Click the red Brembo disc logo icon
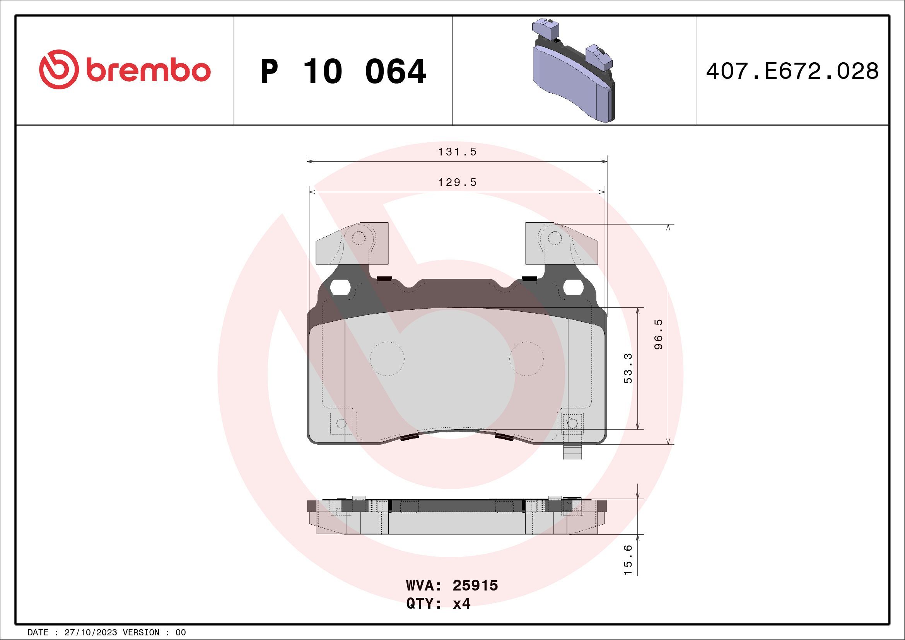coord(57,69)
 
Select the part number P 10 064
coord(343,72)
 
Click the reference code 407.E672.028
coord(792,71)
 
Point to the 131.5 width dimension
coord(457,152)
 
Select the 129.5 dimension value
coord(457,183)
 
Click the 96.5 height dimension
coord(659,334)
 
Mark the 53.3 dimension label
coord(628,368)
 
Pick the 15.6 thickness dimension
coord(628,560)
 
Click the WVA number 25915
coord(475,585)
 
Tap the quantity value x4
coord(461,604)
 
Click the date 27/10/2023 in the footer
coord(90,633)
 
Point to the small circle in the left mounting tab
coord(358,238)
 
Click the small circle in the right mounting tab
coord(555,238)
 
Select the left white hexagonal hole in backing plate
coord(340,287)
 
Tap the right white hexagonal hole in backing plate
coord(574,287)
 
